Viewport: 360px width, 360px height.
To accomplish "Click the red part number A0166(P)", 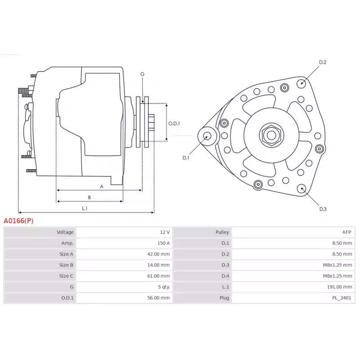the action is point(18,221).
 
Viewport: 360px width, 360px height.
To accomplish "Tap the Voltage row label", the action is point(65,232).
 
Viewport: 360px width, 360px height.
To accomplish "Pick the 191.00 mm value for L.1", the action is point(339,287).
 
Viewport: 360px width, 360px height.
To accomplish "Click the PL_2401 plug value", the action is point(342,298).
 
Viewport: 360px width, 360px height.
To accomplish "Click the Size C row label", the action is point(66,276).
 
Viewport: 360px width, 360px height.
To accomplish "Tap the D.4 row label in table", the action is point(225,276).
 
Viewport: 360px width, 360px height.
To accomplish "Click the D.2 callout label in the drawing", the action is point(323,62).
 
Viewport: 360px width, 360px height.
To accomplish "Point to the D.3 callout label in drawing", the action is point(323,209).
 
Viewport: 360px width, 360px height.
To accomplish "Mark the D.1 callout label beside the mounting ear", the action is point(185,158).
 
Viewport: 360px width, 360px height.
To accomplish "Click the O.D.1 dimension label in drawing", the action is point(174,123).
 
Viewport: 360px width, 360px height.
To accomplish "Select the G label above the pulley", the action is point(142,74).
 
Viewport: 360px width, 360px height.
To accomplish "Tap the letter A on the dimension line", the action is point(102,187).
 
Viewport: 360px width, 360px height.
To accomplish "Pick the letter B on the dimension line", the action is point(89,197).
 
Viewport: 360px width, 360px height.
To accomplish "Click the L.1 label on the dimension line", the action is point(85,208).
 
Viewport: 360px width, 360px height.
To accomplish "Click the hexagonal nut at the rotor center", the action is point(271,135).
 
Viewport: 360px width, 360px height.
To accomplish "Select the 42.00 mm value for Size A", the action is point(158,254).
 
